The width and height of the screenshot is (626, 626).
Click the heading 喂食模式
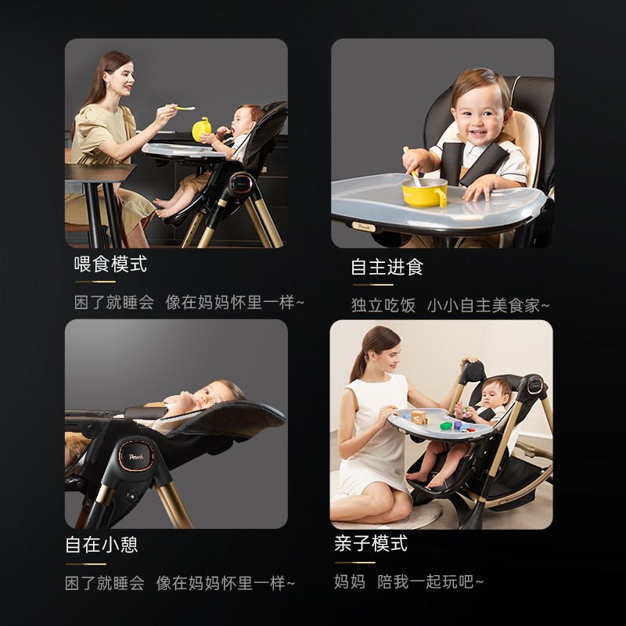[x=110, y=264]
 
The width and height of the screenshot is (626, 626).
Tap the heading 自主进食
[x=387, y=267]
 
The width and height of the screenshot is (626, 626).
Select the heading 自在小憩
[x=102, y=545]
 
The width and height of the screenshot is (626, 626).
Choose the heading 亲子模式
[x=371, y=543]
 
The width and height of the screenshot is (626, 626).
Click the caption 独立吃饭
[x=383, y=305]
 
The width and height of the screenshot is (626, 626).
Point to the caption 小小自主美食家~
[x=488, y=305]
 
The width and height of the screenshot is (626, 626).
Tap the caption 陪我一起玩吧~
[x=430, y=581]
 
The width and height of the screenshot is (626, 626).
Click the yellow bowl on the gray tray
[x=424, y=192]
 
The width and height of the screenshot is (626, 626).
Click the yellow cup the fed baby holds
[x=202, y=129]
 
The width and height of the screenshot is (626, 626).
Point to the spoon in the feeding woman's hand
[x=181, y=107]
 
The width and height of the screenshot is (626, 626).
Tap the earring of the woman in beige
[x=109, y=86]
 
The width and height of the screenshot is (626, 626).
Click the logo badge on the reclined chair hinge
[x=136, y=456]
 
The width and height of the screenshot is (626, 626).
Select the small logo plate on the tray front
[x=364, y=227]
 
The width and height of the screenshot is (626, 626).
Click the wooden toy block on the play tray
[x=419, y=417]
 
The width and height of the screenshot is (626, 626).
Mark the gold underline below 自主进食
[x=373, y=285]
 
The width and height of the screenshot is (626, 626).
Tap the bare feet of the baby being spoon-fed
[x=164, y=208]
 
